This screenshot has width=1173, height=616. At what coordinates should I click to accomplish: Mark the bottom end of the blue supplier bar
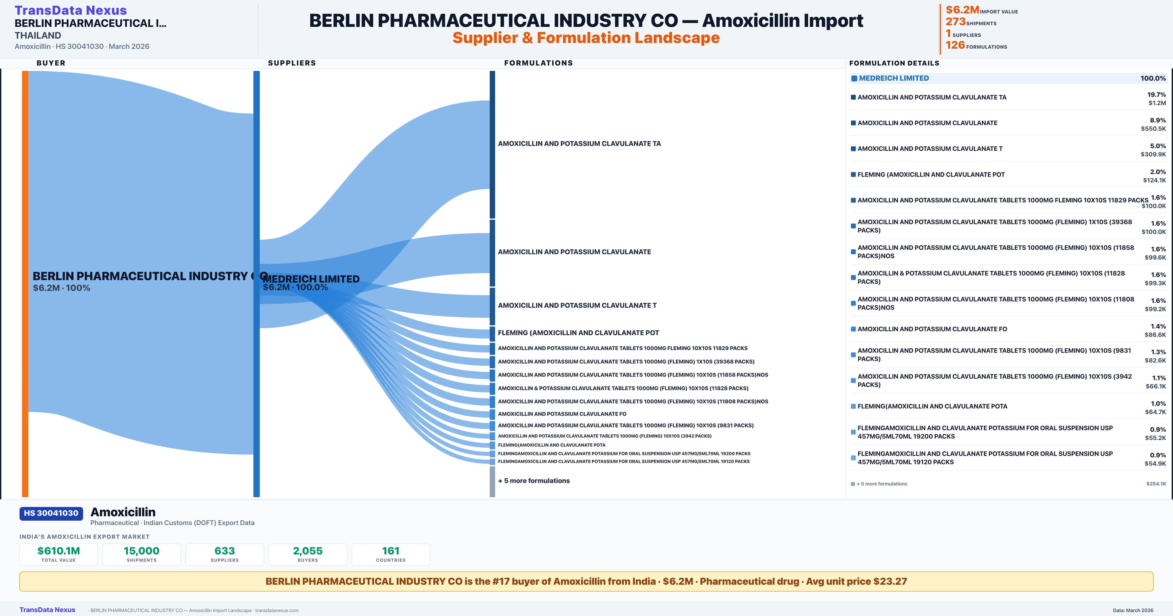[x=256, y=497]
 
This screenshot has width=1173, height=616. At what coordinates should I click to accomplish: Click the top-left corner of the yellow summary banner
[x=20, y=572]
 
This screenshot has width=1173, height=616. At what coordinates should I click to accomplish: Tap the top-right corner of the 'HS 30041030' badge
[x=83, y=507]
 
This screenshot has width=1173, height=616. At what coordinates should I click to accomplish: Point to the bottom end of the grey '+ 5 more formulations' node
[x=492, y=497]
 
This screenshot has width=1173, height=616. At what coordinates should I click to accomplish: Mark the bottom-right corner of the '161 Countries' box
[x=430, y=565]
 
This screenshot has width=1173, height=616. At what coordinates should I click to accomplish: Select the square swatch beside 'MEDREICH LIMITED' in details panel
[x=854, y=78]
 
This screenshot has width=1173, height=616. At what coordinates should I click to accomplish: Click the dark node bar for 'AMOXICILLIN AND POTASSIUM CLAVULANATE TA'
[x=492, y=144]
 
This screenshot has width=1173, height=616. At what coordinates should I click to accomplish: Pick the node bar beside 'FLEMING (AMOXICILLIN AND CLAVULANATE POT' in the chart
[x=492, y=333]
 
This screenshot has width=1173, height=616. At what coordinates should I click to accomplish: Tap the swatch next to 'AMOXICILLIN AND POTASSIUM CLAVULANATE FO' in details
[x=853, y=329]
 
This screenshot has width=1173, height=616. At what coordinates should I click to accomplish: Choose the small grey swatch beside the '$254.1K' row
[x=853, y=484]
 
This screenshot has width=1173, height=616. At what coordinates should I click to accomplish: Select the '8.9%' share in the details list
[x=1158, y=120]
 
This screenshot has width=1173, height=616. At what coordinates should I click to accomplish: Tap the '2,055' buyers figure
[x=308, y=551]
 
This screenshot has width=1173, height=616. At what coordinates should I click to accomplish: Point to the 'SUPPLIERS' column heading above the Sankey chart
[x=292, y=63]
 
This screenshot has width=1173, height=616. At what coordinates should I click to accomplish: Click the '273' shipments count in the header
[x=955, y=22]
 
